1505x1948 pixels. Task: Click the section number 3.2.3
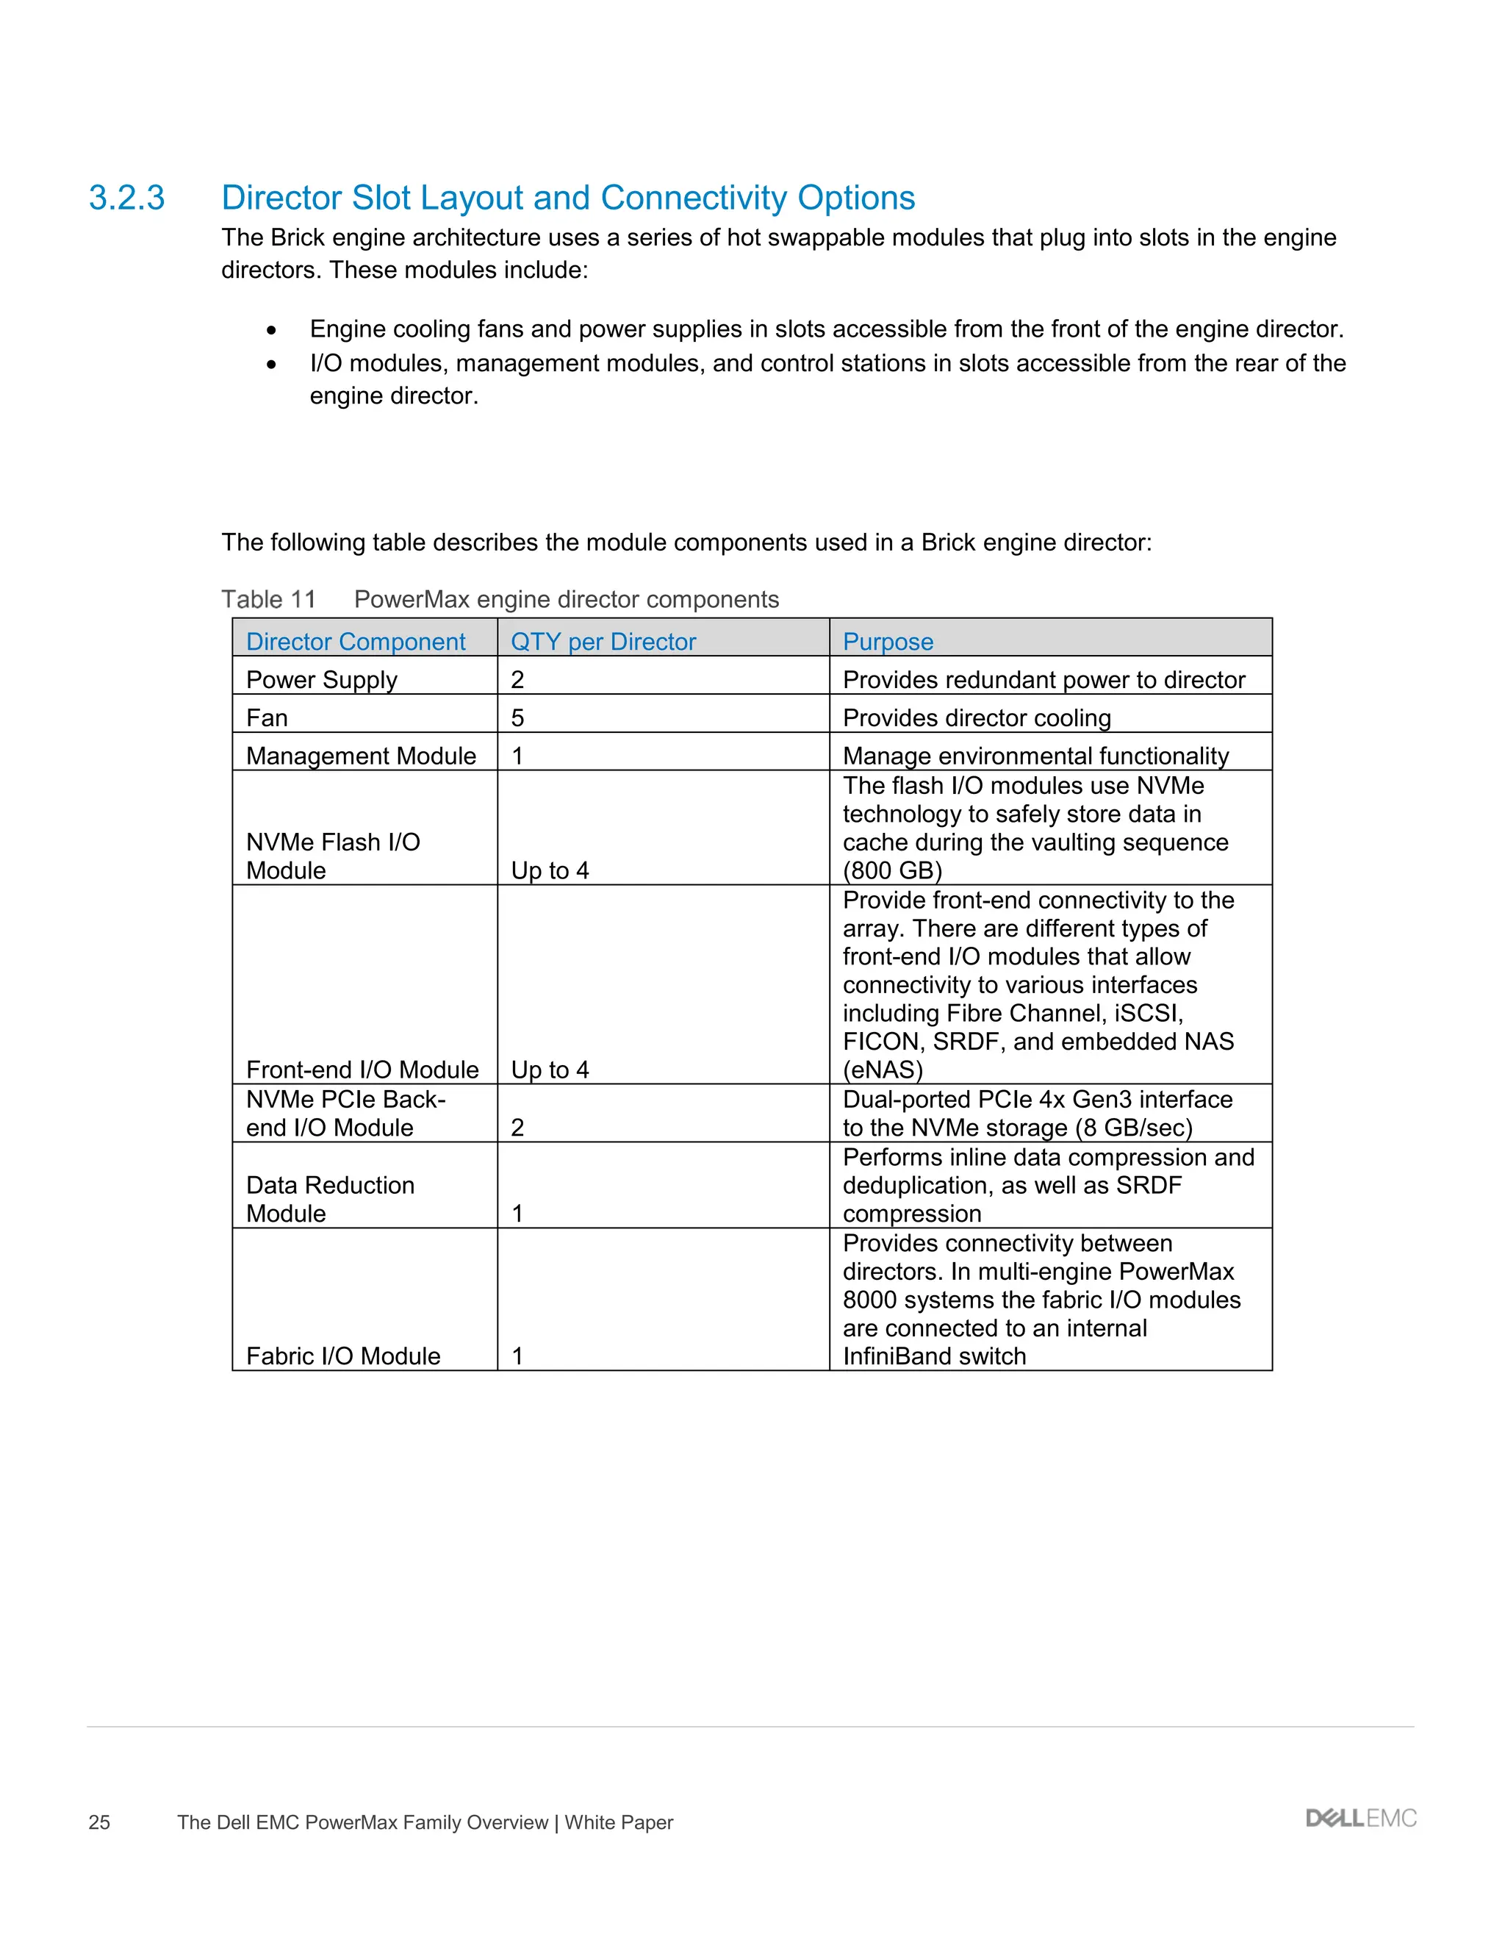coord(126,198)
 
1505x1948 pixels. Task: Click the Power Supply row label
coord(321,680)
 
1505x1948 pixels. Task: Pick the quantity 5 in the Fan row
coord(517,718)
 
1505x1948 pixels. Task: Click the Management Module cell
coord(361,756)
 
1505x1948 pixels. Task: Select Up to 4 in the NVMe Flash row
coord(550,870)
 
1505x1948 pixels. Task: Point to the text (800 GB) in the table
coord(892,870)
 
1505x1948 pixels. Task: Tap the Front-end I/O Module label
coord(362,1070)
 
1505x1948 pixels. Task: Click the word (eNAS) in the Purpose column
coord(883,1070)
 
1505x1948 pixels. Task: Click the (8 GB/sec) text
coord(1134,1128)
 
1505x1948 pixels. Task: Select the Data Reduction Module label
coord(330,1199)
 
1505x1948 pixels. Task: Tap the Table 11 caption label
coord(268,599)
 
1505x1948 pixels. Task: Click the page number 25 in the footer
coord(99,1822)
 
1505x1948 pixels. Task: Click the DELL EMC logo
coord(1360,1819)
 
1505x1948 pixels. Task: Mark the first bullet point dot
coord(271,331)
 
